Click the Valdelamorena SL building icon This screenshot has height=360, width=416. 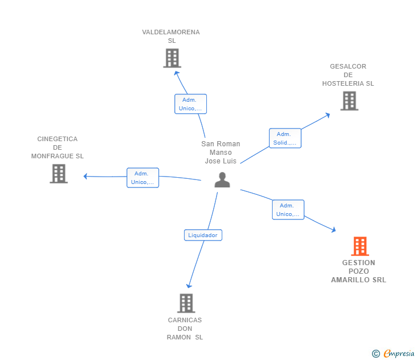(172, 58)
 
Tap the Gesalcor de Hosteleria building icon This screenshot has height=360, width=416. (349, 101)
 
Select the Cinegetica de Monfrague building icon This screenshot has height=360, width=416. (59, 174)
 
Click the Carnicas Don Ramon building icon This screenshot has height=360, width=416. (186, 303)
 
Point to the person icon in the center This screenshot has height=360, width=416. (222, 180)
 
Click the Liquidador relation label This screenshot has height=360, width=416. (203, 235)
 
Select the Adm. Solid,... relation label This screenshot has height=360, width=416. (285, 138)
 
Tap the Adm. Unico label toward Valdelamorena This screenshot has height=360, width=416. (190, 104)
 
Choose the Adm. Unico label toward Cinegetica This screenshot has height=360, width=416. (142, 178)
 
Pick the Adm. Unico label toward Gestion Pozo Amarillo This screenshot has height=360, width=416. (287, 210)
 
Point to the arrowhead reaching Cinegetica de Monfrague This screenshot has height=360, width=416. (86, 176)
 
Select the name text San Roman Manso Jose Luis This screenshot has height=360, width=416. (221, 153)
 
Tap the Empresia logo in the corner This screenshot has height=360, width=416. (394, 354)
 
